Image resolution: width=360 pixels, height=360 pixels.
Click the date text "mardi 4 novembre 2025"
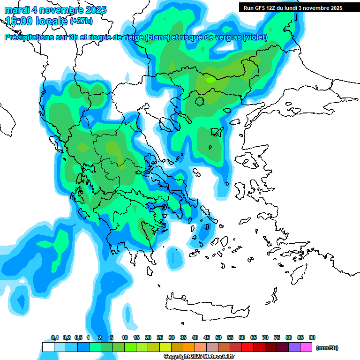[55, 10]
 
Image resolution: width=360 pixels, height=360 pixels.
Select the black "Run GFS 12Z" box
[292, 8]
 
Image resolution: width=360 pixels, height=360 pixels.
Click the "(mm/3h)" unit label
[327, 348]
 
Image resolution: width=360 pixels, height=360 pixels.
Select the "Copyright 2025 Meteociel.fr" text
[199, 357]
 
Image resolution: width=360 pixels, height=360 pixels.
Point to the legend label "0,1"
[54, 338]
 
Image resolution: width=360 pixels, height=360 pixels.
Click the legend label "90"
[312, 338]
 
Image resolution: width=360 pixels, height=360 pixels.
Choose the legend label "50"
[218, 338]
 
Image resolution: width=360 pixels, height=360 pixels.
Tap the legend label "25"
[160, 338]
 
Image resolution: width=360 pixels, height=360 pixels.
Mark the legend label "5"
[111, 338]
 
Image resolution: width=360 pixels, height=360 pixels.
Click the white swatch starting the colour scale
[48, 347]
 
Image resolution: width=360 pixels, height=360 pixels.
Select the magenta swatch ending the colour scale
[306, 347]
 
